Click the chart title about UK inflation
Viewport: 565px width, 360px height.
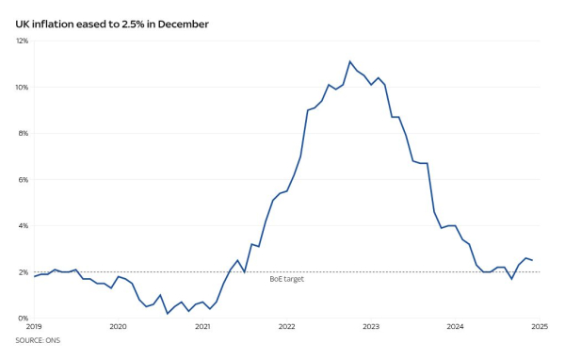[x=113, y=23]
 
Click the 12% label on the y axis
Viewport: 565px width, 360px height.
[x=22, y=41]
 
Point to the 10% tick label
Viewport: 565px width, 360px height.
[x=22, y=88]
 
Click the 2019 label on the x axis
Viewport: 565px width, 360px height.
[x=34, y=327]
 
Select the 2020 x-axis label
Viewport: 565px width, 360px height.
[x=118, y=327]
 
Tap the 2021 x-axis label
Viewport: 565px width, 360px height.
[x=202, y=327]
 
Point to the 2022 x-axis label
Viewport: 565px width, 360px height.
[x=286, y=327]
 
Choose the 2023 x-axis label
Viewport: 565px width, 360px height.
[x=371, y=327]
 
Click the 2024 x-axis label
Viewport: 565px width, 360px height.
[x=455, y=327]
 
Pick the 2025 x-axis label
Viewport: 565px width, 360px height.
[x=539, y=327]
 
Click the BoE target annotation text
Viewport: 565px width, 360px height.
[x=286, y=279]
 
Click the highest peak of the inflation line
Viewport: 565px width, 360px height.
[x=350, y=62]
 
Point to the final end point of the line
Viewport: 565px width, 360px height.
[x=532, y=260]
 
